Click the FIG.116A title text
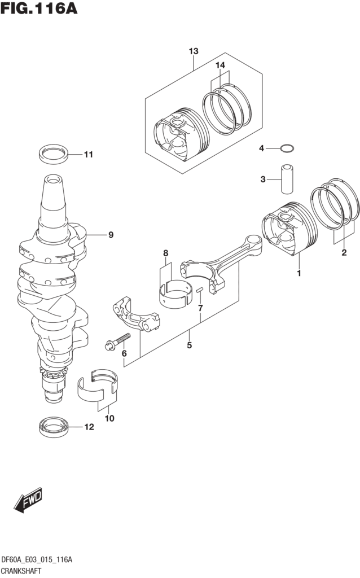pyautogui.click(x=38, y=9)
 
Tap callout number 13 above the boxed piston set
pyautogui.click(x=193, y=52)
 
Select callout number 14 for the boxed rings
pyautogui.click(x=219, y=65)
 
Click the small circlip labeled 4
pyautogui.click(x=287, y=149)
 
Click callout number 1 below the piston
pyautogui.click(x=299, y=274)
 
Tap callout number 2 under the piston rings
pyautogui.click(x=344, y=252)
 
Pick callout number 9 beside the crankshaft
pyautogui.click(x=111, y=235)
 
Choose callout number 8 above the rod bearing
pyautogui.click(x=166, y=253)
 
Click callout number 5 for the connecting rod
pyautogui.click(x=189, y=345)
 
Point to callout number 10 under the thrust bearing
pyautogui.click(x=109, y=418)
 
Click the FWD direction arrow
pyautogui.click(x=29, y=500)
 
